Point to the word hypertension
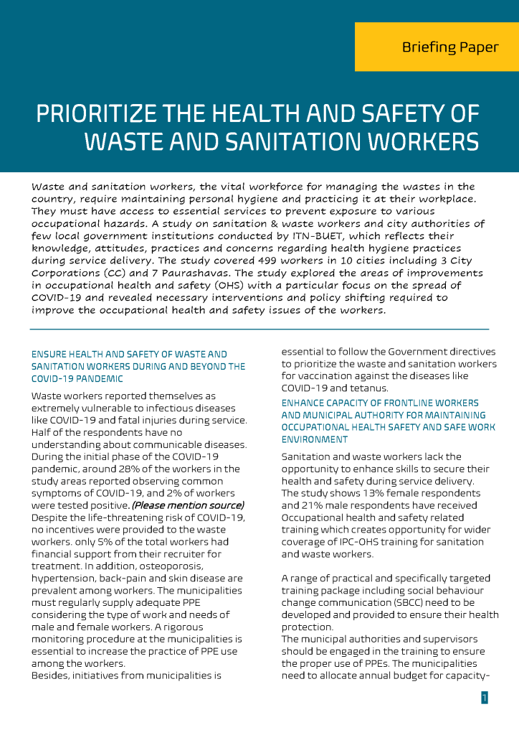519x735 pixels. (63, 579)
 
